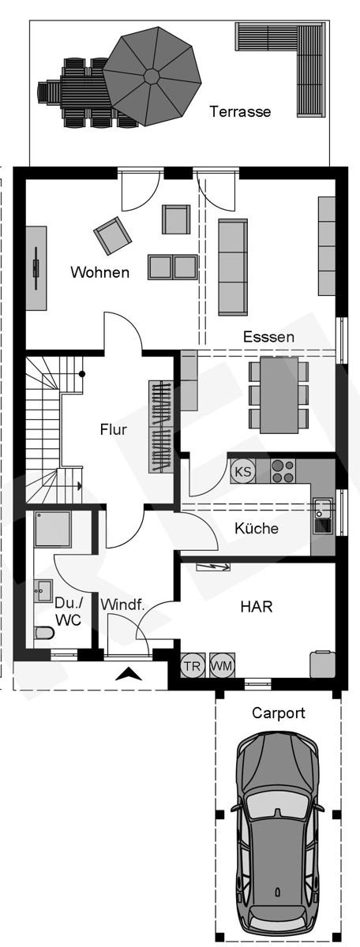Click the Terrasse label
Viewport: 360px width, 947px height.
pyautogui.click(x=240, y=111)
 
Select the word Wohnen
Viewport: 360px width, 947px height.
pyautogui.click(x=99, y=273)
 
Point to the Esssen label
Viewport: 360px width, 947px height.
pyautogui.click(x=268, y=337)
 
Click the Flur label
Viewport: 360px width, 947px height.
pyautogui.click(x=113, y=430)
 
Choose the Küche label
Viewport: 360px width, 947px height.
pyautogui.click(x=257, y=528)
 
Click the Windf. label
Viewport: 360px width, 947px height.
pyautogui.click(x=122, y=605)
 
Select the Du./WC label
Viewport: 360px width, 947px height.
pyautogui.click(x=67, y=612)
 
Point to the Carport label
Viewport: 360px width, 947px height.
pyautogui.click(x=279, y=713)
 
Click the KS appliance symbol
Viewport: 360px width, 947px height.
pyautogui.click(x=243, y=472)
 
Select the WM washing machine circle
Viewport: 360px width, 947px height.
pyautogui.click(x=222, y=665)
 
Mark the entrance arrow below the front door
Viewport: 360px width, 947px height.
pyautogui.click(x=129, y=674)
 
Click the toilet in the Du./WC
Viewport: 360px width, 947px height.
pyautogui.click(x=45, y=633)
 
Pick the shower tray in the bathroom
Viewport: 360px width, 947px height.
pyautogui.click(x=53, y=529)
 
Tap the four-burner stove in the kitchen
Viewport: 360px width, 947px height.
pyautogui.click(x=283, y=471)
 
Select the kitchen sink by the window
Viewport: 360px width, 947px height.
pyautogui.click(x=322, y=516)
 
